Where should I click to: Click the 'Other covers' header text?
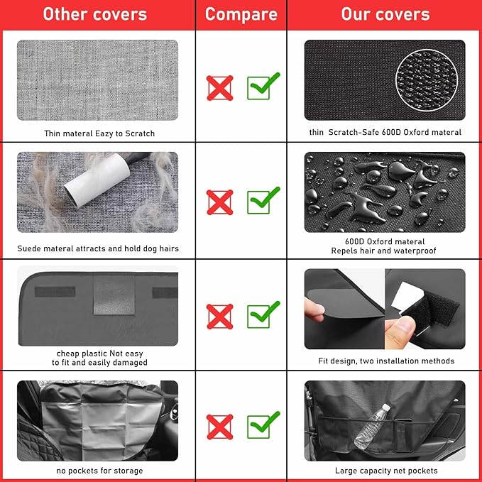(x=94, y=14)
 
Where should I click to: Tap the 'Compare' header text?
(x=241, y=14)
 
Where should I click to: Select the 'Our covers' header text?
(x=385, y=14)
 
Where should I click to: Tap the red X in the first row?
(x=220, y=87)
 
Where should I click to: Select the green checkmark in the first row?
(x=262, y=86)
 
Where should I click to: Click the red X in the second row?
(x=220, y=202)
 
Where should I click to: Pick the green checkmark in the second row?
(x=262, y=200)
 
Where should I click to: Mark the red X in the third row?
(x=220, y=317)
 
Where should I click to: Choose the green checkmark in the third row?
(x=262, y=315)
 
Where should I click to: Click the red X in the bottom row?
(x=220, y=427)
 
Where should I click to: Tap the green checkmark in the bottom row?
(x=262, y=425)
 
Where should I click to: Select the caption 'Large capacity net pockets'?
(x=386, y=471)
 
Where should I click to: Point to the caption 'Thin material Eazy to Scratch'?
(x=99, y=133)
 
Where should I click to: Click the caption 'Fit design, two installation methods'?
(x=386, y=361)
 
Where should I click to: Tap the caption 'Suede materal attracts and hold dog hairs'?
(x=98, y=248)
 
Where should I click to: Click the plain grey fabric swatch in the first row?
(x=97, y=80)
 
